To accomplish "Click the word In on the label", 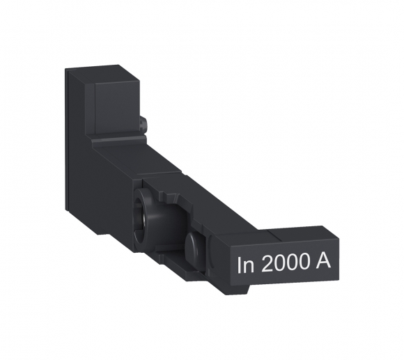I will click(245, 265).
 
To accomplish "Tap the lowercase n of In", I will click(248, 267).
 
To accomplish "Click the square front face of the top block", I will click(115, 104).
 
